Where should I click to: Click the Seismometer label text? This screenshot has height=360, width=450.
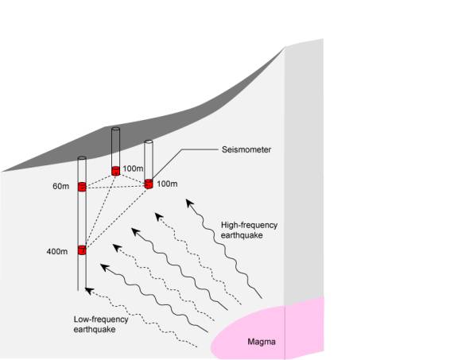tap(246, 149)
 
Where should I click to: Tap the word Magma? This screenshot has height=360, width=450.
tap(262, 342)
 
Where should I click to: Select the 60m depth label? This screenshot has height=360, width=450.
tap(61, 186)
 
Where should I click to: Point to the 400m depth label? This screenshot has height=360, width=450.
tap(57, 251)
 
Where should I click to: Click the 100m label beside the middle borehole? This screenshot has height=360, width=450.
tap(133, 168)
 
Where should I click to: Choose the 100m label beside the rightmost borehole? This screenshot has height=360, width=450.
tap(167, 184)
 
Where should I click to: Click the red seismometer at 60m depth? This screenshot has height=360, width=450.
tap(82, 187)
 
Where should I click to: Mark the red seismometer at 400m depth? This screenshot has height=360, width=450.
tap(82, 250)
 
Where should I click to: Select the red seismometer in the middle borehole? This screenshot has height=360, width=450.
tap(115, 171)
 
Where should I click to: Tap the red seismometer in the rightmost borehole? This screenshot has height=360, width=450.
tap(149, 184)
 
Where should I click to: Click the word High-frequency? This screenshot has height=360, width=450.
tap(249, 225)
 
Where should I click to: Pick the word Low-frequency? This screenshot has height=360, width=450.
tap(101, 319)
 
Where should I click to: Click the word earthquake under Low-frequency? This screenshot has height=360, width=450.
tap(95, 329)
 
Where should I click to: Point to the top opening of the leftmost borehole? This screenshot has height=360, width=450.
tap(82, 158)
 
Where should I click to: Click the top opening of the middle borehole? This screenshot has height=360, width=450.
tap(115, 129)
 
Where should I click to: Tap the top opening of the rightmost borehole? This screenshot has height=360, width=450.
tap(149, 141)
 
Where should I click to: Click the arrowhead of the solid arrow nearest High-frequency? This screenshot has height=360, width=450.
tap(189, 203)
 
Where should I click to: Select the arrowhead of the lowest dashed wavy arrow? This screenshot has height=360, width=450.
tap(89, 291)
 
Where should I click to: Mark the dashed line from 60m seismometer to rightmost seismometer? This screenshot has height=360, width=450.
tap(115, 188)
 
